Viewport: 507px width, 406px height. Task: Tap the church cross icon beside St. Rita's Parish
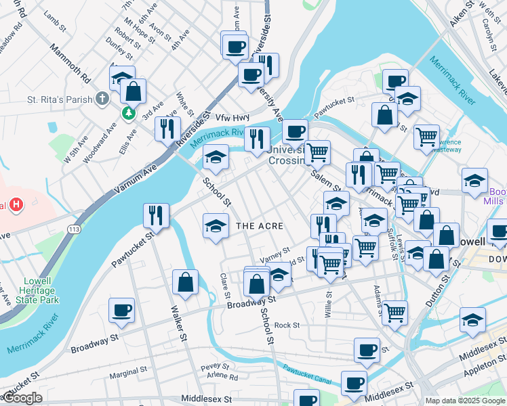(102, 99)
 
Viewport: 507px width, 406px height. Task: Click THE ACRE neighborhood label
(259, 225)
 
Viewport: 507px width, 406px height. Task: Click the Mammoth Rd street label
(70, 64)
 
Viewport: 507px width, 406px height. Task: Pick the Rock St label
(287, 325)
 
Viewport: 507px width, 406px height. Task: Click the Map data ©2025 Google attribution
(466, 401)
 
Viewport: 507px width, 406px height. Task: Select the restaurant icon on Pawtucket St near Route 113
(157, 215)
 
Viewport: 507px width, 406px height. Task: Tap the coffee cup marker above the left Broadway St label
(122, 310)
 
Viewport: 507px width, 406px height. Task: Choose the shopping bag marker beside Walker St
(185, 284)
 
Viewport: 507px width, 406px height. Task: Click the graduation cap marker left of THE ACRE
(216, 225)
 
